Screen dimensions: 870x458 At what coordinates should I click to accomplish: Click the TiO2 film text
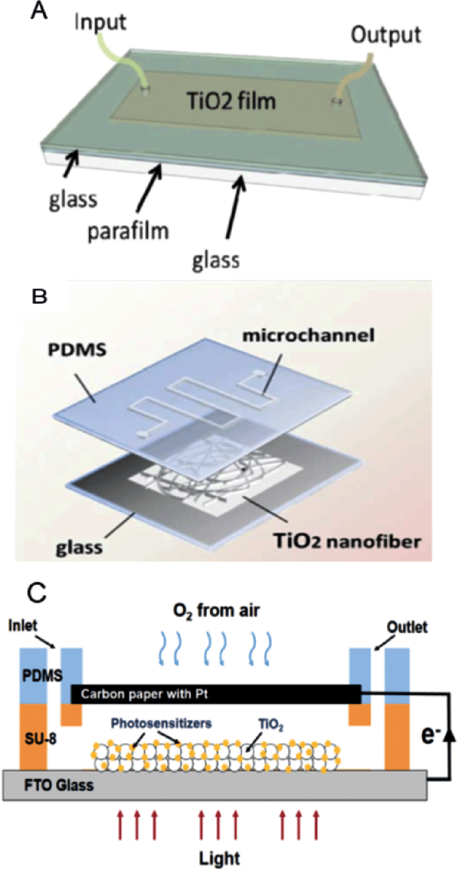(231, 101)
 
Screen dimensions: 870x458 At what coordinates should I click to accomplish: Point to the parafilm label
(128, 231)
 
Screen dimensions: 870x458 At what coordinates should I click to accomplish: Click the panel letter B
(39, 297)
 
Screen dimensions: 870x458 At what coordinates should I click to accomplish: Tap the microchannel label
(308, 335)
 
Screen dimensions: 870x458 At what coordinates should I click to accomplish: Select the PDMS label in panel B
(77, 350)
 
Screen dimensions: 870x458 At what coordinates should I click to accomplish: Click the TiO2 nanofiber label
(347, 541)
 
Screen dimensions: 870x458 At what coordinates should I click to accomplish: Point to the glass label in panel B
(79, 548)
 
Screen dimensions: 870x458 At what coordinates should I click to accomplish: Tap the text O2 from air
(216, 610)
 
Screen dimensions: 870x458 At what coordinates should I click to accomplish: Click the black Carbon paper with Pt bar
(216, 694)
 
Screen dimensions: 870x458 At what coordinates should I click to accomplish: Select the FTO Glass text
(59, 785)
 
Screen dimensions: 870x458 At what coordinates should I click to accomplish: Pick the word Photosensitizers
(161, 723)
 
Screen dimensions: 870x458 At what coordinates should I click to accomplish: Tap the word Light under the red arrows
(219, 858)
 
